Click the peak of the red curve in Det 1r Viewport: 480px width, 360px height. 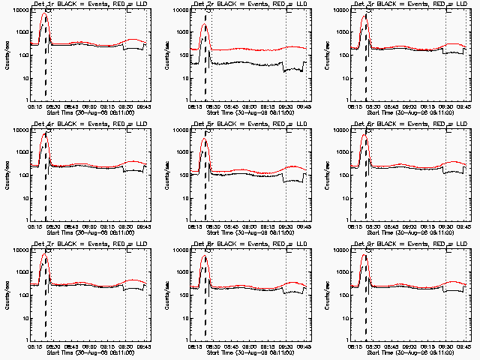(44, 13)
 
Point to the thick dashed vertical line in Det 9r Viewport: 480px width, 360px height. (367, 307)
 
